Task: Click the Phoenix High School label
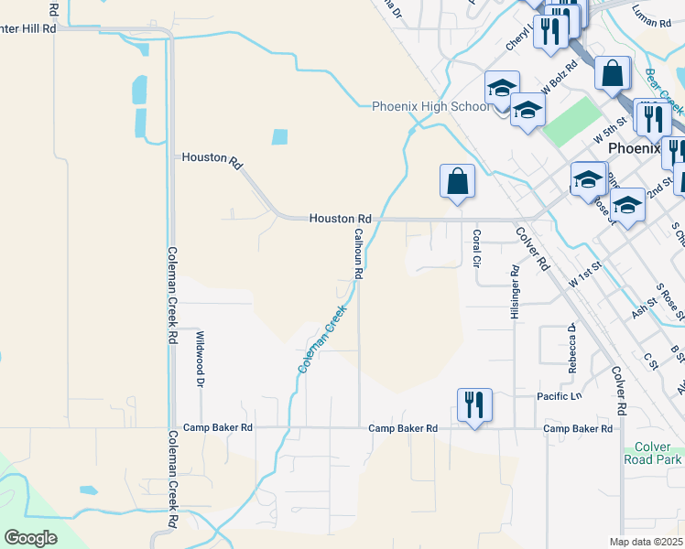[430, 107]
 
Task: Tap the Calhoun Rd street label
[359, 253]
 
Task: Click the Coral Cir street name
[476, 247]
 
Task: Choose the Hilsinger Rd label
[516, 293]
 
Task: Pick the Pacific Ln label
[559, 396]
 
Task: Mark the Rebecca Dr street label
[571, 348]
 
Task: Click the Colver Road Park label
[652, 453]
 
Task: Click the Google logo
[30, 538]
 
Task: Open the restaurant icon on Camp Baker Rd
[474, 404]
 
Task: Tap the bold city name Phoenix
[634, 148]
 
